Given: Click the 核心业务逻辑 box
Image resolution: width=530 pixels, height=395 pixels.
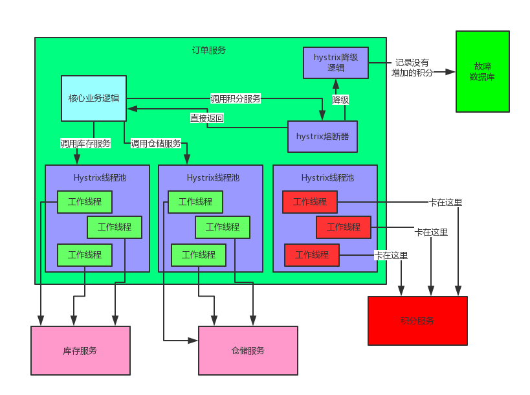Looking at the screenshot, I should pyautogui.click(x=94, y=98).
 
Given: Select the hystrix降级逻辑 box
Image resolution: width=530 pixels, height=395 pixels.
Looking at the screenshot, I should pyautogui.click(x=335, y=63).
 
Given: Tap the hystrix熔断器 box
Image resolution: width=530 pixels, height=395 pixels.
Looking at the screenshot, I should pyautogui.click(x=322, y=136).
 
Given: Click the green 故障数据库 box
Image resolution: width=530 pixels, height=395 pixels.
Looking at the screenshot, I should pyautogui.click(x=482, y=71).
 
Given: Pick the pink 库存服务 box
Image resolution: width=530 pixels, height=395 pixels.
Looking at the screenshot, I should pyautogui.click(x=80, y=350).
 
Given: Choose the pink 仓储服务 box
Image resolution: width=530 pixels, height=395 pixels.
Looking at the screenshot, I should pyautogui.click(x=248, y=350).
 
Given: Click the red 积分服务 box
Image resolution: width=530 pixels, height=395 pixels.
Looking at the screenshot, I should pyautogui.click(x=417, y=321).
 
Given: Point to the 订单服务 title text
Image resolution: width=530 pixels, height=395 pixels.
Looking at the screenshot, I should pyautogui.click(x=209, y=50).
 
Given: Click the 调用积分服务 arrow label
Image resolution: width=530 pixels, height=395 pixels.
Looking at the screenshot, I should pyautogui.click(x=236, y=99).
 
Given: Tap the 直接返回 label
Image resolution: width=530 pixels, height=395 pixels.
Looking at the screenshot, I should pyautogui.click(x=207, y=118).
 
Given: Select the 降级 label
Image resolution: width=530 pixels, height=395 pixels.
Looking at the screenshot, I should pyautogui.click(x=340, y=100).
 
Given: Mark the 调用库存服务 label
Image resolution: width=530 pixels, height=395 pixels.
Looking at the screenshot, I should pyautogui.click(x=85, y=143).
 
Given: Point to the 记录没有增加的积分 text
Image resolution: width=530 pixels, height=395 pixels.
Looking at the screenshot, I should pyautogui.click(x=412, y=68).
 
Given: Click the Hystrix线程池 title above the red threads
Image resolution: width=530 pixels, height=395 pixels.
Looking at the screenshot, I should pyautogui.click(x=327, y=177).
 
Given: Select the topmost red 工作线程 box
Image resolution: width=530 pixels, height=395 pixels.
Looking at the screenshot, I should pyautogui.click(x=309, y=202).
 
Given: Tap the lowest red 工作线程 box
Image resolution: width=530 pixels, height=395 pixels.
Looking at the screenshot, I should pyautogui.click(x=311, y=255).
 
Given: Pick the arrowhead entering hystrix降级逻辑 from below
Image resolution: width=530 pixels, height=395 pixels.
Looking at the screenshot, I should pyautogui.click(x=335, y=84).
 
